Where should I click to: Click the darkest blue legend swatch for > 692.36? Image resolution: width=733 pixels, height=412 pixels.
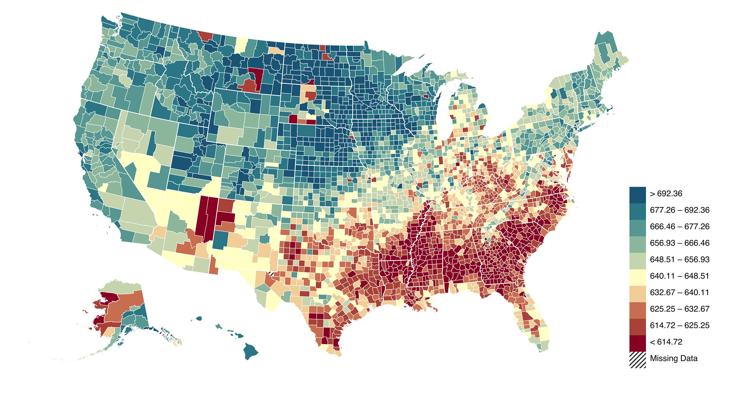(637, 195)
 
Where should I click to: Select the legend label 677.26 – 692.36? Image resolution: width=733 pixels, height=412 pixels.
(679, 210)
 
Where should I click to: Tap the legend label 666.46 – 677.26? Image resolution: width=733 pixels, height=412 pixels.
(679, 227)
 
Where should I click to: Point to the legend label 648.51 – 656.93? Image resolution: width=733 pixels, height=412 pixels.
(679, 260)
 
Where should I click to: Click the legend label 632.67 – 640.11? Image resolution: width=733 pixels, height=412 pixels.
(679, 293)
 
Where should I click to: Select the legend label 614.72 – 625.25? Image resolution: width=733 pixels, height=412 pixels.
(679, 326)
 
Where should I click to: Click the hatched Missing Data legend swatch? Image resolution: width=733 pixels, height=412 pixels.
(637, 360)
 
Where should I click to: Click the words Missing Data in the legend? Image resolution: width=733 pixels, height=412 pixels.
(673, 359)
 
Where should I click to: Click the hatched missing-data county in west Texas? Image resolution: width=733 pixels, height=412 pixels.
(271, 273)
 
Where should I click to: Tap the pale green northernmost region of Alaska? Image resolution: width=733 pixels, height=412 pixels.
(122, 286)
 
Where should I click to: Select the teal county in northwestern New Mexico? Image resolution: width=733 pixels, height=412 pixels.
(220, 240)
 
